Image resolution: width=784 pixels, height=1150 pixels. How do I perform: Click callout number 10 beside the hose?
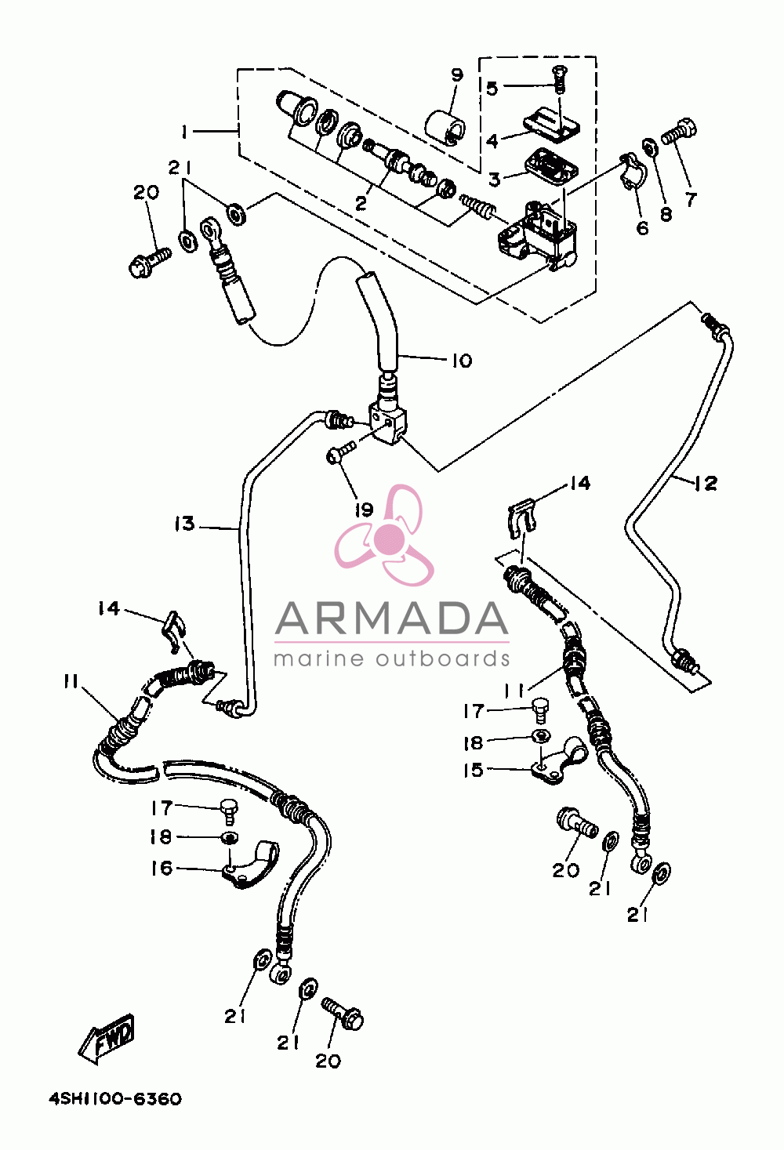tap(462, 361)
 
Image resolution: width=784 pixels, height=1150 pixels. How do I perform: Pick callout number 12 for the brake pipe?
tap(706, 483)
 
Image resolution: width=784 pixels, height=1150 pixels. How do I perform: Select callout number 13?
tap(185, 524)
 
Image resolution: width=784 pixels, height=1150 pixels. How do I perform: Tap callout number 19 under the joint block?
tap(364, 510)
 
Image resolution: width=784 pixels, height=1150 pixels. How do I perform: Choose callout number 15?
tap(474, 770)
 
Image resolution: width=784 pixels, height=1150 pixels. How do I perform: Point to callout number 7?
tap(691, 199)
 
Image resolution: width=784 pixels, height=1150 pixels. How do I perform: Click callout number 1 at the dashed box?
tap(183, 132)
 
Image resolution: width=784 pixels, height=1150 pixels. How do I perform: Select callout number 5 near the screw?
tap(492, 89)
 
